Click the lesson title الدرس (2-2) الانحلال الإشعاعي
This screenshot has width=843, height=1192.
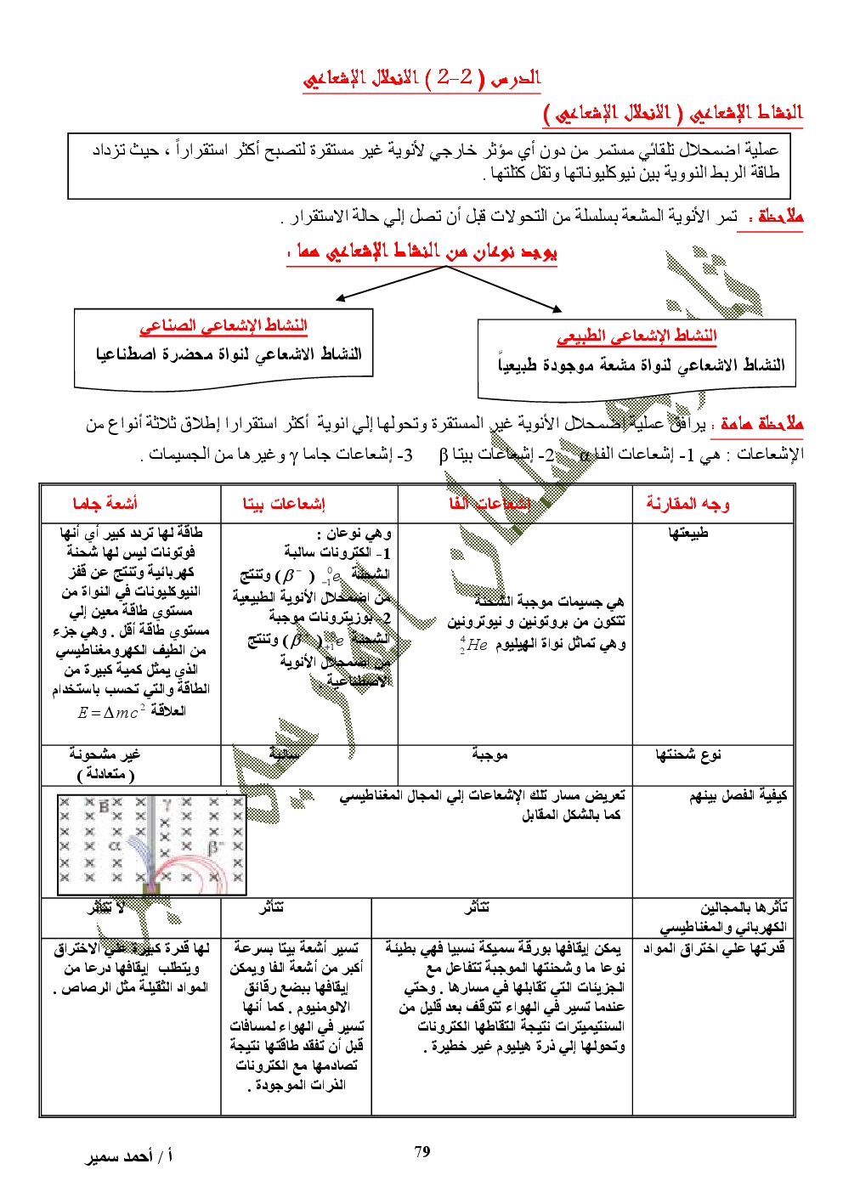pyautogui.click(x=421, y=79)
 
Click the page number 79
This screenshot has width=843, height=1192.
pyautogui.click(x=422, y=1152)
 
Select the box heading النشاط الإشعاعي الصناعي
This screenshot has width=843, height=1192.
pyautogui.click(x=223, y=325)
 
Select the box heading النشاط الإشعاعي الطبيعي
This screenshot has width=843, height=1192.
pyautogui.click(x=636, y=336)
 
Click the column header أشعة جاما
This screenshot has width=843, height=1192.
pyautogui.click(x=105, y=504)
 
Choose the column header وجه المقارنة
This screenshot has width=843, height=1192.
pyautogui.click(x=687, y=504)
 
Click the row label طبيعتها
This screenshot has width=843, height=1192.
pyautogui.click(x=687, y=533)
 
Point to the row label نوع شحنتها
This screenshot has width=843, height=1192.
pyautogui.click(x=687, y=754)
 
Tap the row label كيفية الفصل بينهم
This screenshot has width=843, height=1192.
pyautogui.click(x=738, y=796)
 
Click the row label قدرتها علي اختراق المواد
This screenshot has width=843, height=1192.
pyautogui.click(x=714, y=948)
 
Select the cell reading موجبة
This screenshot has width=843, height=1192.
pyautogui.click(x=489, y=754)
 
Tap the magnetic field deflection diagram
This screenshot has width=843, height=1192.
pyautogui.click(x=151, y=845)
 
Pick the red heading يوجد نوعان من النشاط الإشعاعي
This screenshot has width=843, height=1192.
pyautogui.click(x=422, y=252)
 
